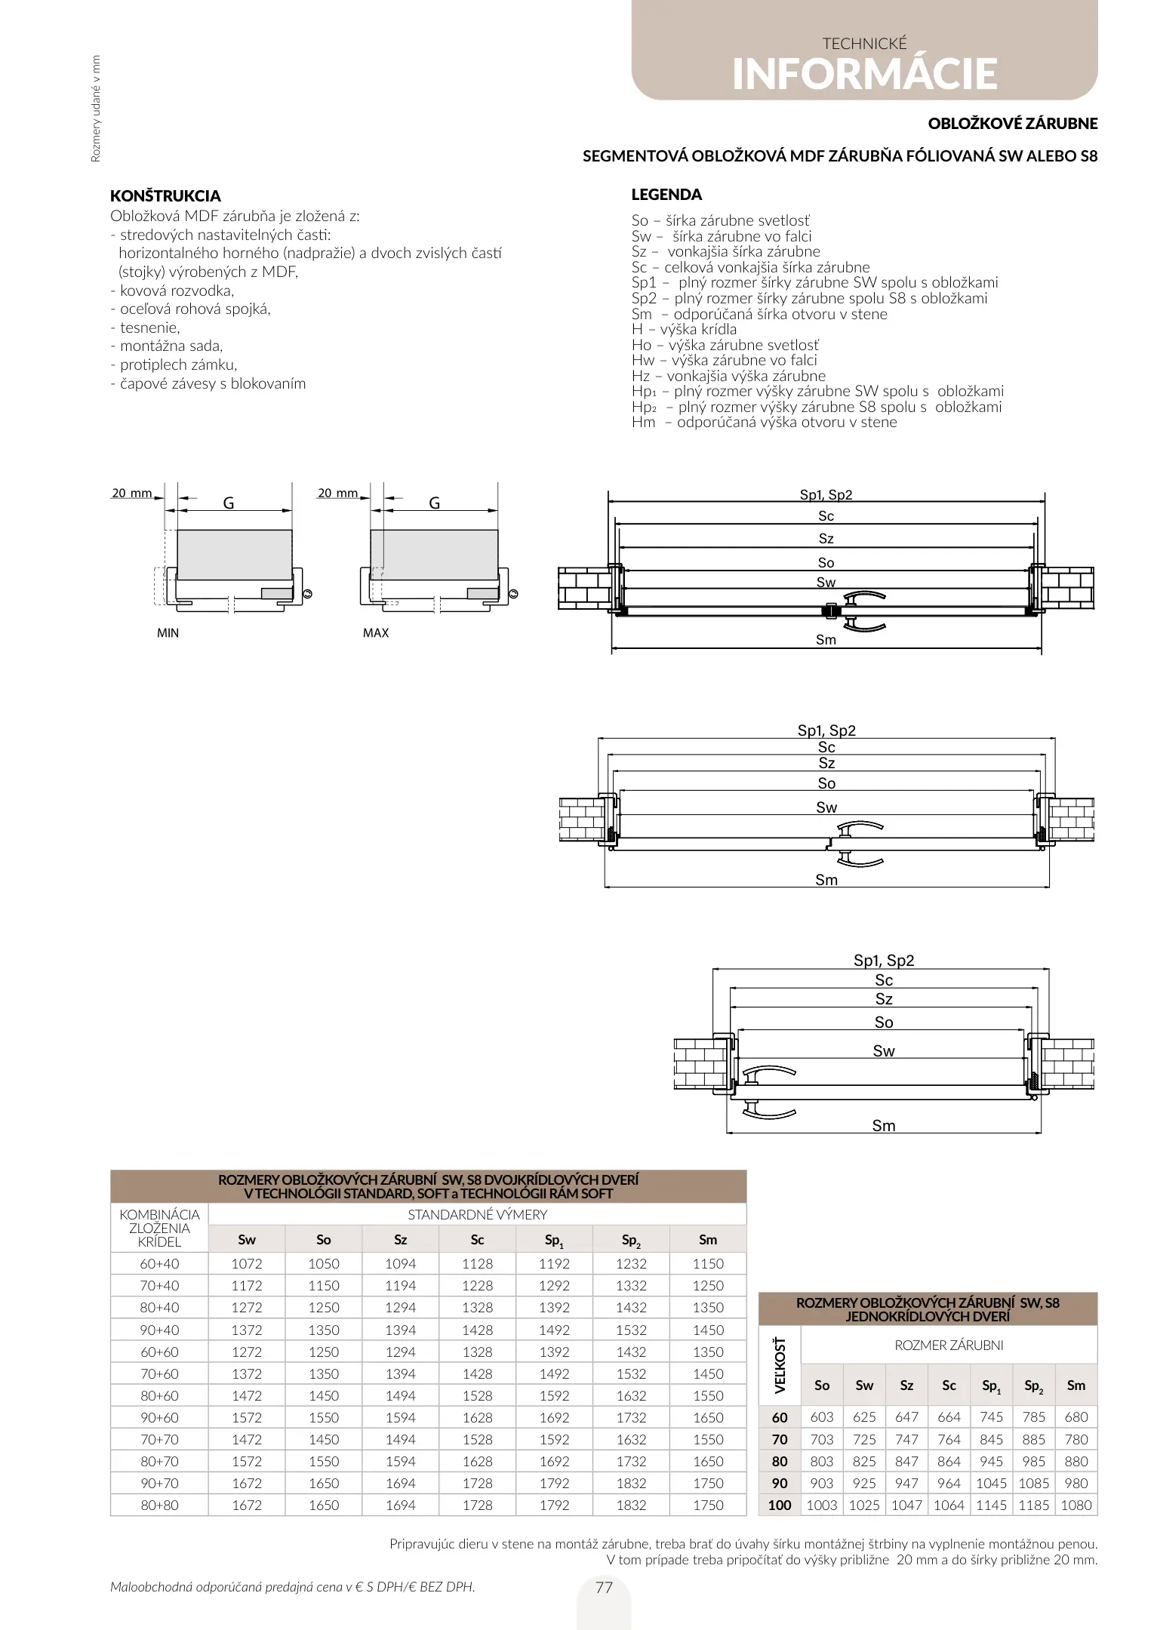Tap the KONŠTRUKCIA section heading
click(165, 196)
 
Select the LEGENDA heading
click(666, 195)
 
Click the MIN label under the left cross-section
click(168, 632)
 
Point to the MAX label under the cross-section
click(375, 632)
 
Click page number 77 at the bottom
click(604, 1587)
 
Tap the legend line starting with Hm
click(764, 423)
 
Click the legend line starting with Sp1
click(814, 283)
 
